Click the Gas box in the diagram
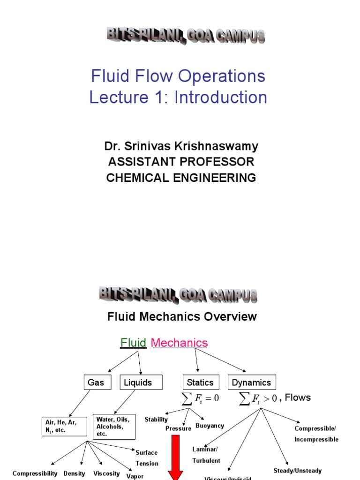pos(96,382)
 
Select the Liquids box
pos(138,382)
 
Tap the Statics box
pos(200,382)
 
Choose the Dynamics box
pos(251,382)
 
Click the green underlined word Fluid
pos(134,343)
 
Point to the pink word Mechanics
pos(179,343)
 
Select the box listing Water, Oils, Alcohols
pos(114,426)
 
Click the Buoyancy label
pos(210,426)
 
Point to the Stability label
pos(157,420)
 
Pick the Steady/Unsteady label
pos(298,470)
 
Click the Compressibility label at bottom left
pos(35,473)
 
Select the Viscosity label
pos(107,473)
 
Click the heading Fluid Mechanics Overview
pos(182,316)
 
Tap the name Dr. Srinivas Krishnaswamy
pos(181,146)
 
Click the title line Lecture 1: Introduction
pos(178,97)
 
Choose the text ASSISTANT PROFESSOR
pos(181,162)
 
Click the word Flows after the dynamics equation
pos(298,397)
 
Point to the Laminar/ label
pos(205,449)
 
